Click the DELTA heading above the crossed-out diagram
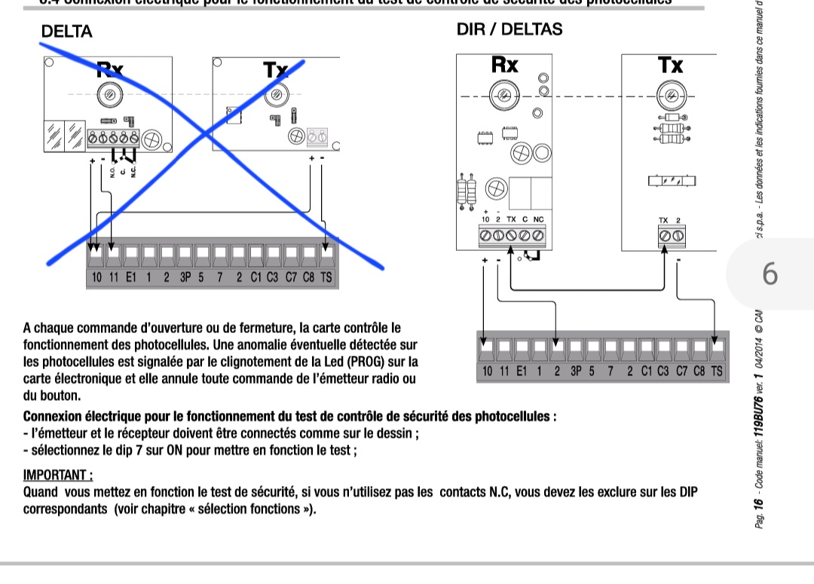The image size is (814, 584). click(x=67, y=32)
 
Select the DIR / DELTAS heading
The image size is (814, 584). click(x=510, y=29)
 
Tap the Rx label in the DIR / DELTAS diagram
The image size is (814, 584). click(x=504, y=65)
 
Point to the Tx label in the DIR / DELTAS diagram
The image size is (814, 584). click(x=670, y=65)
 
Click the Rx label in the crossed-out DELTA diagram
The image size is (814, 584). click(x=110, y=71)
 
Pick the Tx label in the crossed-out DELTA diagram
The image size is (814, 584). click(x=276, y=71)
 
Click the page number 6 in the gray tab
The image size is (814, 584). click(x=770, y=274)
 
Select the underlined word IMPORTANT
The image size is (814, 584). click(x=57, y=475)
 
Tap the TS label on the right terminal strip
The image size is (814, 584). click(x=716, y=371)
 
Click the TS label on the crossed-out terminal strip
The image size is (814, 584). click(x=326, y=277)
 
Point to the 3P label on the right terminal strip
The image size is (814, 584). click(x=577, y=371)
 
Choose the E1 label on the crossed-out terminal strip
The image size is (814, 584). click(x=131, y=277)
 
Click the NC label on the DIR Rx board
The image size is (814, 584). click(x=538, y=219)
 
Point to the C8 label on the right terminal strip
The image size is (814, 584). click(x=699, y=371)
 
